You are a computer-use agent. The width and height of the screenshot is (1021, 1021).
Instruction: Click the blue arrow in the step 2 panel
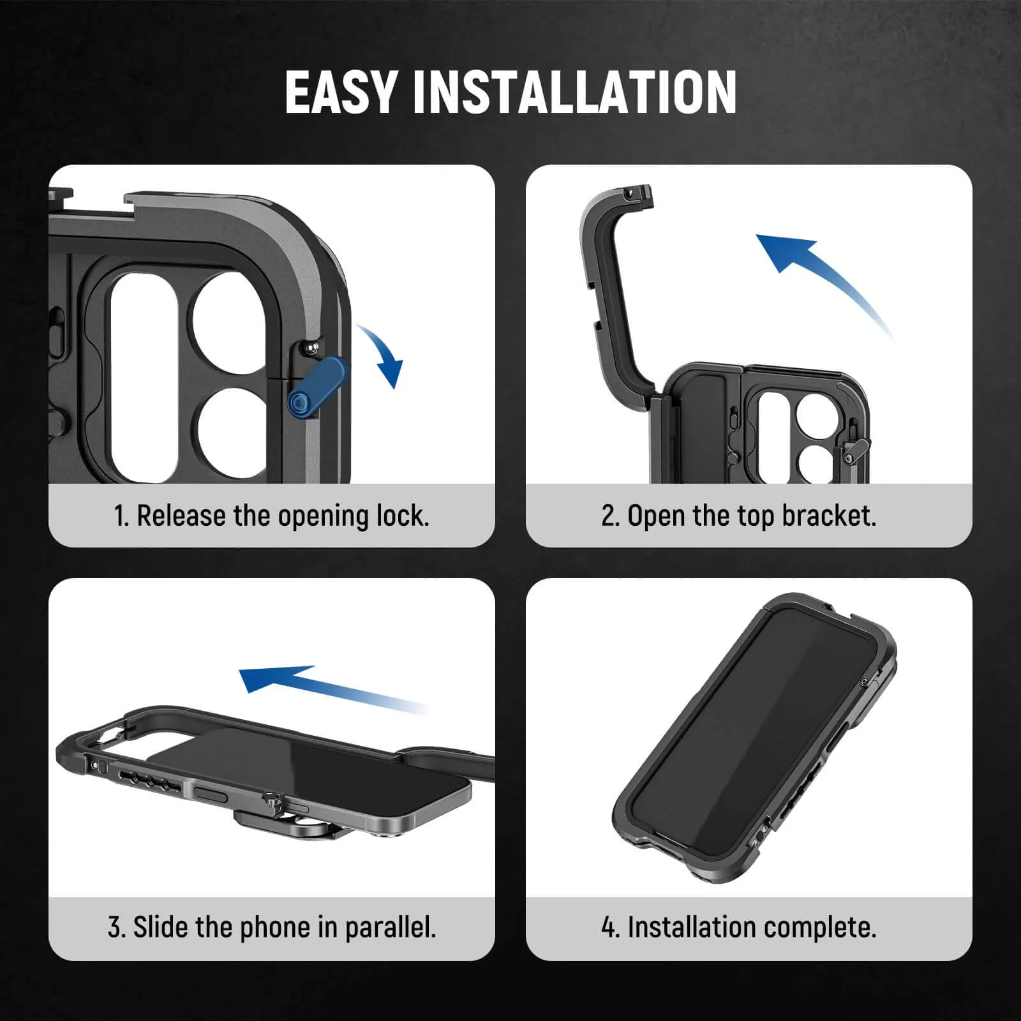point(817,274)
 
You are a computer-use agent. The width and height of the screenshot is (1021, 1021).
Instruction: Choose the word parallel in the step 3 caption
point(391,927)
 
